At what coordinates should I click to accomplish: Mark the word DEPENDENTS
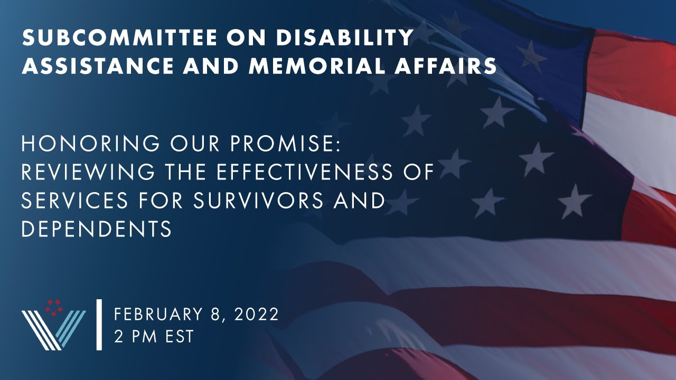(96, 229)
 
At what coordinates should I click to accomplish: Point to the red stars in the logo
(53, 306)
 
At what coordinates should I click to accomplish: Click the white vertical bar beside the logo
(99, 324)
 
